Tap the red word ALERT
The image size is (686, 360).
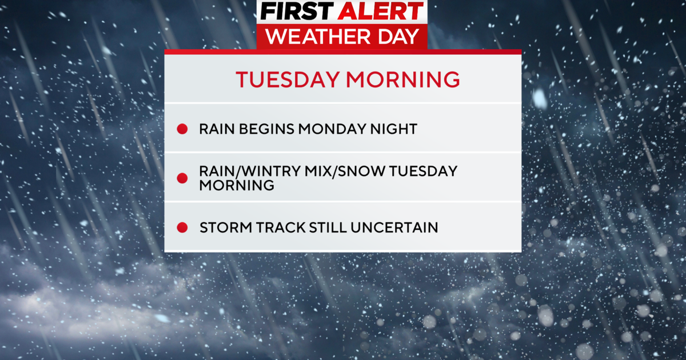[380, 12]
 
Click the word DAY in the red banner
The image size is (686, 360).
[400, 36]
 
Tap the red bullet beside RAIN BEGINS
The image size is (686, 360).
[182, 129]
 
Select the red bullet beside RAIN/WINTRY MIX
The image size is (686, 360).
[182, 178]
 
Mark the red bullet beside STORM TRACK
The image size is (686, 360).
[182, 228]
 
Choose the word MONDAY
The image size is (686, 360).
[337, 129]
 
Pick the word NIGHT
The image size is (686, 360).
[396, 129]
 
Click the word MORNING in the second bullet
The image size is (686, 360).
[236, 186]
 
